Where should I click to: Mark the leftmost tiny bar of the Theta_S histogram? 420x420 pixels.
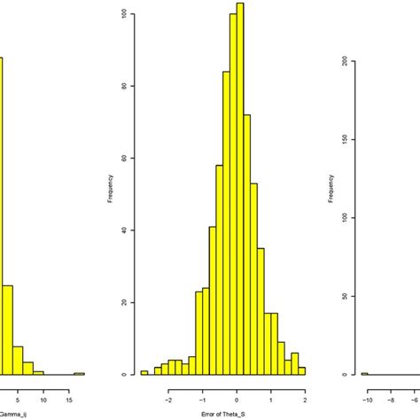pos(144,372)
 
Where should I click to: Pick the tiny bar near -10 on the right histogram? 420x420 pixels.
pos(364,373)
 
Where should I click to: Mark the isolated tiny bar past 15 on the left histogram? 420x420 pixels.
pos(79,373)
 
